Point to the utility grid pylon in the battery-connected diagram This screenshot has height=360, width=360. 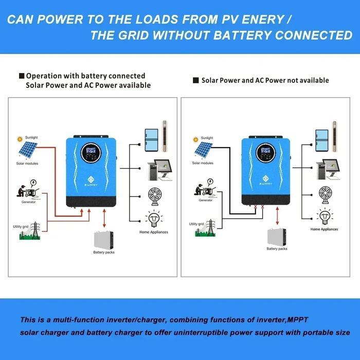point(28,232)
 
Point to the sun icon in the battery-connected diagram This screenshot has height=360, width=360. point(20,138)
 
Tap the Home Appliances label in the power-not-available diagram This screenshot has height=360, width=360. point(324,229)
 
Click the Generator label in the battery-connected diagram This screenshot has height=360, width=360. point(29,202)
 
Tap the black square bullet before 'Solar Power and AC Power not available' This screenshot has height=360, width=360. point(195,81)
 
